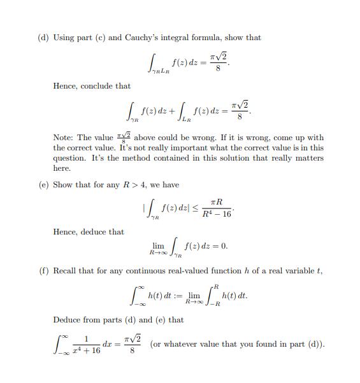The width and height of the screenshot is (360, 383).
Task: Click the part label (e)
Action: coord(44,185)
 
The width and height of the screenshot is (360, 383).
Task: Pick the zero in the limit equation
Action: coord(223,245)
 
